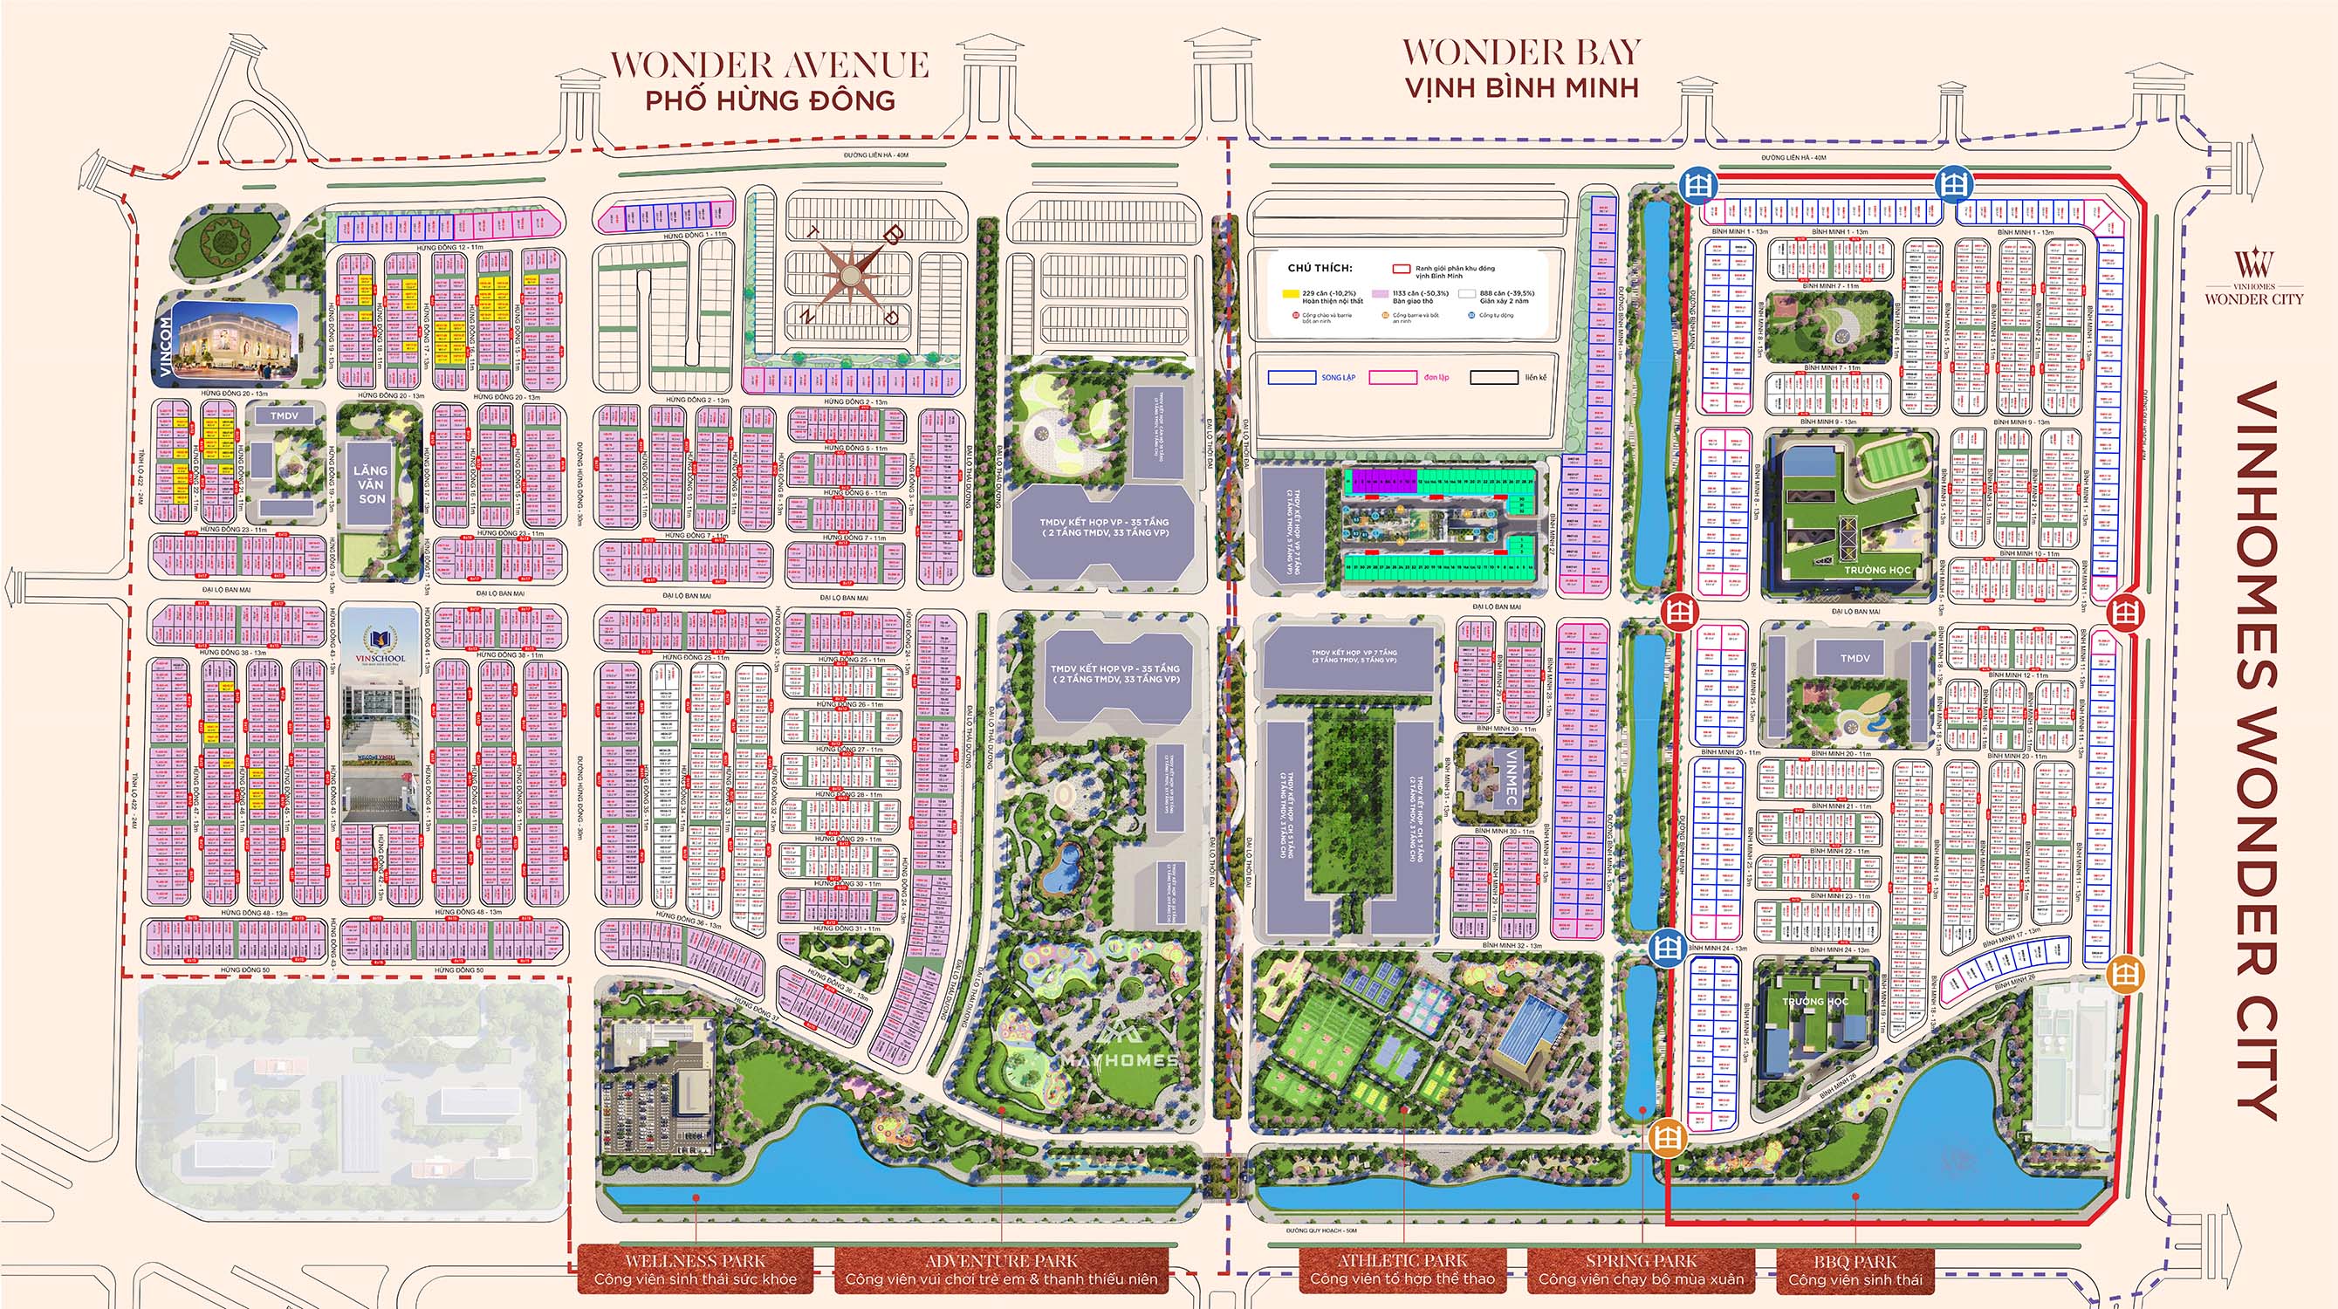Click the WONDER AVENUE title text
click(x=770, y=65)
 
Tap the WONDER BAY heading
click(x=1522, y=52)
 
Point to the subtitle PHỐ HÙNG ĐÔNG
click(x=770, y=99)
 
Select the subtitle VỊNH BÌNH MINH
click(x=1522, y=88)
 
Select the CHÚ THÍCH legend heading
click(x=1320, y=269)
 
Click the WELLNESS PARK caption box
click(x=696, y=1269)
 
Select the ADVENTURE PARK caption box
click(x=1001, y=1269)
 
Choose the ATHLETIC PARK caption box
click(x=1402, y=1269)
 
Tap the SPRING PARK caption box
click(x=1641, y=1269)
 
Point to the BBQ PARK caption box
click(x=1855, y=1269)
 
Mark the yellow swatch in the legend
click(x=1290, y=294)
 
